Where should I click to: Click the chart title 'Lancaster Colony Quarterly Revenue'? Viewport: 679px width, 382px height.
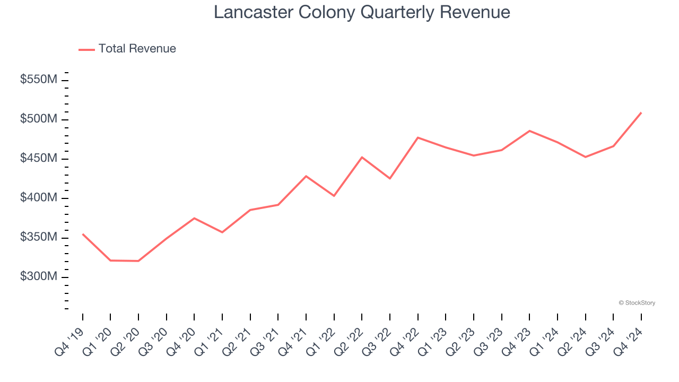coord(362,12)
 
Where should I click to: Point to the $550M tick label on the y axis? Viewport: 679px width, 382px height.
coord(39,80)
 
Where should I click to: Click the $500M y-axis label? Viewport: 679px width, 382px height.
coord(39,119)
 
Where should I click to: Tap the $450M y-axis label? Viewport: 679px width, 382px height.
coord(39,159)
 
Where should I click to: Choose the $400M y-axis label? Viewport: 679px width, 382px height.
coord(39,198)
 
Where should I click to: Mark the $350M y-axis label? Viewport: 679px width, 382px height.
coord(39,237)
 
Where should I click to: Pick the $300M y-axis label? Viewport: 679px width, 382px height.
coord(39,277)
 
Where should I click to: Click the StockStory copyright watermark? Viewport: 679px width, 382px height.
coord(637,303)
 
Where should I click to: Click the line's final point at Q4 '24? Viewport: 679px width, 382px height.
coord(641,113)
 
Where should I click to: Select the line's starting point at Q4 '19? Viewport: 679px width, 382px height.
coord(83,234)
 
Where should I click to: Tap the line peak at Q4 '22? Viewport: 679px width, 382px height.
coord(417,137)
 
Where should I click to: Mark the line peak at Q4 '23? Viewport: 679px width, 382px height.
coord(529,131)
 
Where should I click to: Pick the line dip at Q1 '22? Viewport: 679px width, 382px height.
coord(334,196)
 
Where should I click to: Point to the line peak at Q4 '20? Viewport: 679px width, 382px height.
coord(194,218)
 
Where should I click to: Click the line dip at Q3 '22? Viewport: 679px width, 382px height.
coord(390,178)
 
